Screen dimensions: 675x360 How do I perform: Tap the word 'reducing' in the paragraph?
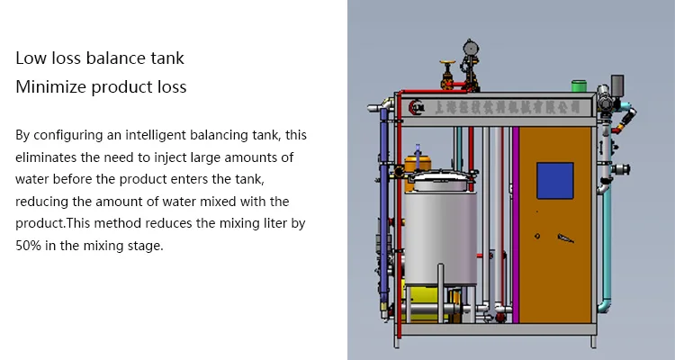(x=43, y=201)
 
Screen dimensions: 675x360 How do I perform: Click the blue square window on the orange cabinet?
(x=554, y=180)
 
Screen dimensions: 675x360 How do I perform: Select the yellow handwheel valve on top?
(x=444, y=67)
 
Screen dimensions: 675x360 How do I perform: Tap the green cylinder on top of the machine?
(x=578, y=86)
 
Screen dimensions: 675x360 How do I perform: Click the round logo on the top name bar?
(x=416, y=106)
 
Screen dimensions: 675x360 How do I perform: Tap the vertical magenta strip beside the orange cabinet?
(x=517, y=225)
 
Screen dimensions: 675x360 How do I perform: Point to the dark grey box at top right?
(x=617, y=83)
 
